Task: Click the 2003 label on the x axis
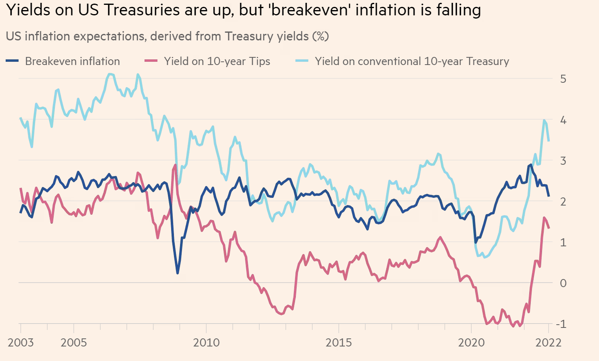pos(21,343)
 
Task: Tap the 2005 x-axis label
pos(73,343)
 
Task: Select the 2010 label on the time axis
pos(206,343)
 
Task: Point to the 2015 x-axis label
pos(339,343)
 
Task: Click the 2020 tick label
pos(471,343)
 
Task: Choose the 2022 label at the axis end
pos(548,343)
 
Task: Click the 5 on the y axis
pos(563,79)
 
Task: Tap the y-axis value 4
pos(563,120)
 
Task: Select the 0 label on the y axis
pos(563,283)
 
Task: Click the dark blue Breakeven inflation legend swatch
pos(12,61)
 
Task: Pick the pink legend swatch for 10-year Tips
pos(151,61)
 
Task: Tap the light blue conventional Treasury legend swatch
pos(302,61)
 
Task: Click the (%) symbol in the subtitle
pos(320,36)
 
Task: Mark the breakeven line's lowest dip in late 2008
pos(178,273)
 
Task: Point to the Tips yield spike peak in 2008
pos(175,165)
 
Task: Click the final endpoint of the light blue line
pos(549,141)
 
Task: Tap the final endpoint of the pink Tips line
pos(549,228)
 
